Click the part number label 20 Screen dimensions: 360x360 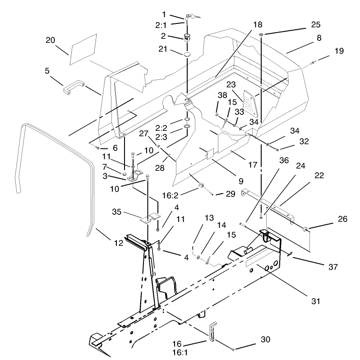pyautogui.click(x=50, y=40)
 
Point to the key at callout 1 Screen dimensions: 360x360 pyautogui.click(x=192, y=17)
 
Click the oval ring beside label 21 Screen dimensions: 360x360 pyautogui.click(x=186, y=55)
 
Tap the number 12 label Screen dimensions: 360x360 pyautogui.click(x=119, y=243)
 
